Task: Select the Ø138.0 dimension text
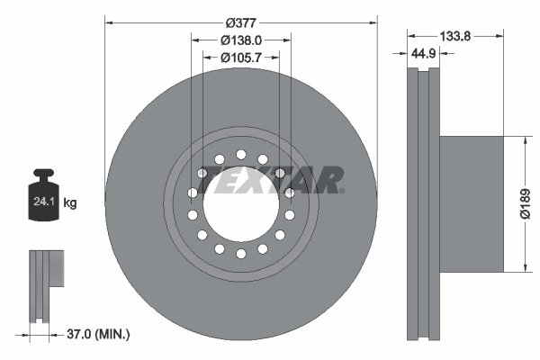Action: [240, 40]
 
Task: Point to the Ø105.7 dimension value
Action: [240, 58]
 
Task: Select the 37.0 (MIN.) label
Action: [99, 335]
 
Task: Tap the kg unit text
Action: [70, 203]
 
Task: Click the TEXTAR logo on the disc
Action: [269, 179]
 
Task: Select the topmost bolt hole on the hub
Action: [240, 154]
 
